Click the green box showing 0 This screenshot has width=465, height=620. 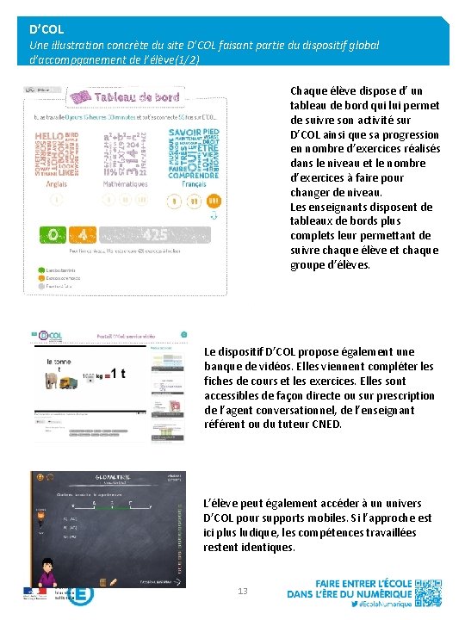(x=54, y=234)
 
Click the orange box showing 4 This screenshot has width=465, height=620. (x=83, y=234)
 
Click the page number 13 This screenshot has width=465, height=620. (x=242, y=590)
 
